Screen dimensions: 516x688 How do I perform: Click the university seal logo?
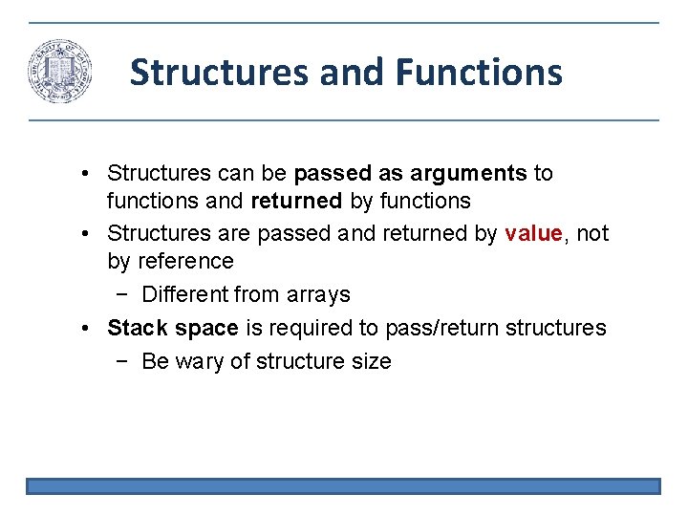[59, 72]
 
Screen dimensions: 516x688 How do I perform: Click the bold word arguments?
[468, 173]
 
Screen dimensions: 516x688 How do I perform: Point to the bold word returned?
[295, 201]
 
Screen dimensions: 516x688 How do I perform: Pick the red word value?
[531, 233]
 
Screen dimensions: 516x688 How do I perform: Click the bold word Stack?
[138, 328]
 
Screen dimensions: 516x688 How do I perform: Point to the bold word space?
[205, 328]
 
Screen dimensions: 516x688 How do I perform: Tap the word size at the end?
[371, 361]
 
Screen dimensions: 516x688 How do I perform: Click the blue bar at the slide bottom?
[343, 486]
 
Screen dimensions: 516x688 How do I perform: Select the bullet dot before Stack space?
[86, 329]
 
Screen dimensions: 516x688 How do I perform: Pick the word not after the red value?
[591, 233]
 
